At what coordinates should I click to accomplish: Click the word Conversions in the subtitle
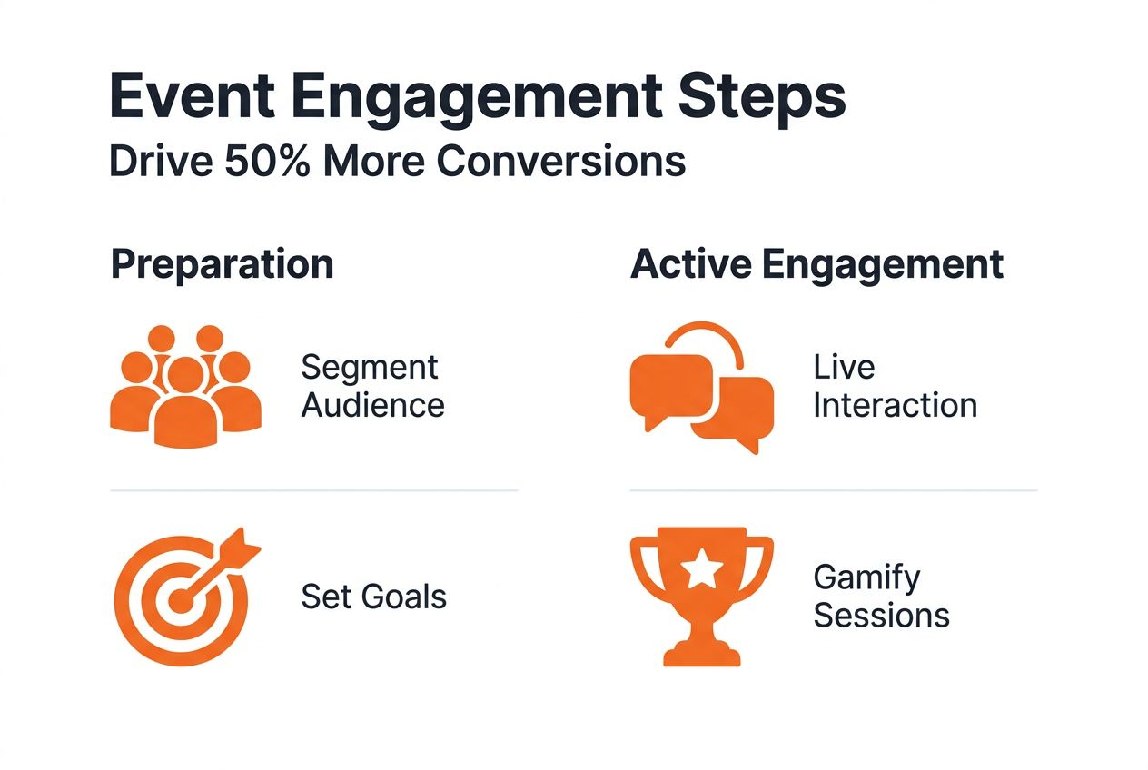click(560, 161)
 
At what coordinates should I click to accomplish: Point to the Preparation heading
click(222, 264)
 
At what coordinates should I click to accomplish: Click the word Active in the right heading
click(689, 264)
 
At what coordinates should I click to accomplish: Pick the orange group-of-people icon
click(185, 386)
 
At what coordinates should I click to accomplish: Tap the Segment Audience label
click(372, 386)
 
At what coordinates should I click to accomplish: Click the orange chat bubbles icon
click(701, 390)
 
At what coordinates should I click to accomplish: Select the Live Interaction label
click(895, 386)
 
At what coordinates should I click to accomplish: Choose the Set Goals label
click(373, 597)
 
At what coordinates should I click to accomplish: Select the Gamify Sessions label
click(881, 596)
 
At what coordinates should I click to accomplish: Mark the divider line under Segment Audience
click(313, 490)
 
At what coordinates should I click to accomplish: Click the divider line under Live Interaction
click(833, 490)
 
